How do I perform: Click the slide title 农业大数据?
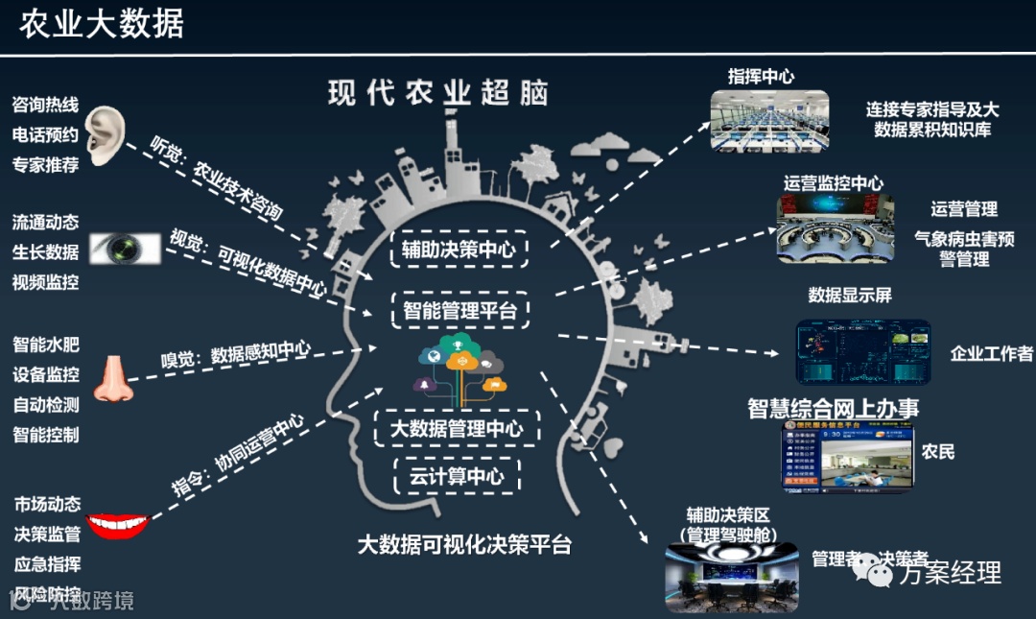(x=102, y=24)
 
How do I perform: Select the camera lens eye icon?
(x=125, y=249)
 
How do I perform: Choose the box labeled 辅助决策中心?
(x=459, y=250)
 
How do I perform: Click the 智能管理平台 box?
(x=459, y=310)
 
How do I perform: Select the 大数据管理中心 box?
(x=464, y=428)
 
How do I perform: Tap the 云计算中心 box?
(x=457, y=475)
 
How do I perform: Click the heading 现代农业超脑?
(x=437, y=93)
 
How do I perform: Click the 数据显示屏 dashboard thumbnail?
(x=862, y=352)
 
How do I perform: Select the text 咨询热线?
(x=45, y=104)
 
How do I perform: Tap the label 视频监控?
(x=45, y=282)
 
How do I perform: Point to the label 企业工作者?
(x=991, y=353)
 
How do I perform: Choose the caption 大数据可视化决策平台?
(x=464, y=544)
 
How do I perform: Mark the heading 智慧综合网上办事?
(x=833, y=407)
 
